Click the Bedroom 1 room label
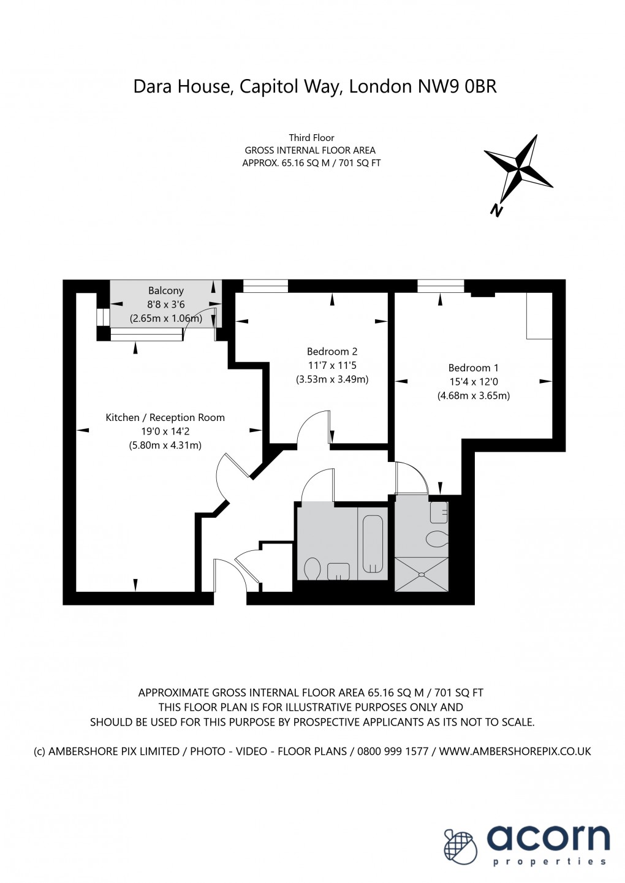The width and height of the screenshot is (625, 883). click(x=473, y=368)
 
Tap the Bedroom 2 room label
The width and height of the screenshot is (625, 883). click(x=332, y=351)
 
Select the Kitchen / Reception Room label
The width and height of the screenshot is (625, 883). click(x=165, y=417)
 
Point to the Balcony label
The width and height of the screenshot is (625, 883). click(x=165, y=290)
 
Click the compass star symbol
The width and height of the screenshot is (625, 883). click(x=520, y=166)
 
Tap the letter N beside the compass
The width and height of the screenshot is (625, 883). click(x=496, y=210)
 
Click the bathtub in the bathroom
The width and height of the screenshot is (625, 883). click(x=373, y=544)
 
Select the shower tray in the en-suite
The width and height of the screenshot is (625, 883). click(x=421, y=574)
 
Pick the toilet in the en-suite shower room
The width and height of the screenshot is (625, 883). click(x=437, y=539)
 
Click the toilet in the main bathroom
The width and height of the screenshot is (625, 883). click(x=312, y=569)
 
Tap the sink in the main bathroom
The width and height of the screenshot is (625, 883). click(x=338, y=571)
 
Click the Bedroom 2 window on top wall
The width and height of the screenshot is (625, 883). click(x=265, y=286)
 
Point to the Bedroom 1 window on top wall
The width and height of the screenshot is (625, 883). click(x=441, y=286)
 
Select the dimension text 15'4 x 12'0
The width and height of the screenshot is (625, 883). click(x=473, y=382)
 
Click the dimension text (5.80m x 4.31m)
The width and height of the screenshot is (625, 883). click(x=165, y=445)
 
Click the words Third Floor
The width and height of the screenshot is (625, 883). click(x=311, y=138)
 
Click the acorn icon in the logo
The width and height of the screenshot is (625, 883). click(x=460, y=847)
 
